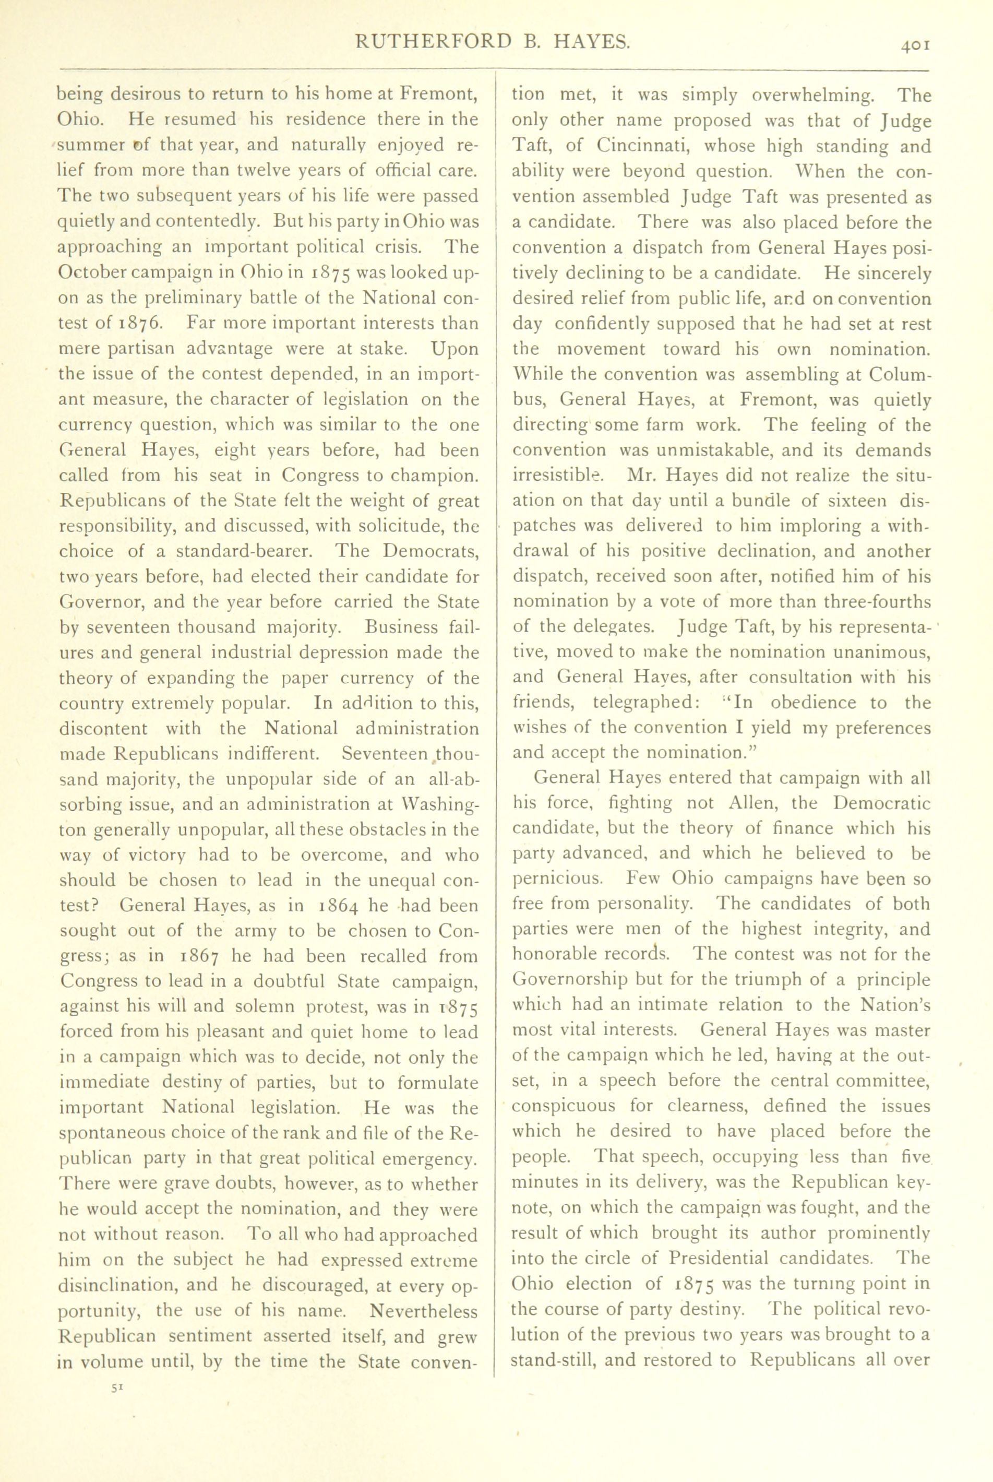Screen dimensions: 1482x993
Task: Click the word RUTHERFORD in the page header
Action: point(433,42)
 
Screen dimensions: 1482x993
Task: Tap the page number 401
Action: point(910,45)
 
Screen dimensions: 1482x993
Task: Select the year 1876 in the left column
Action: point(142,324)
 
